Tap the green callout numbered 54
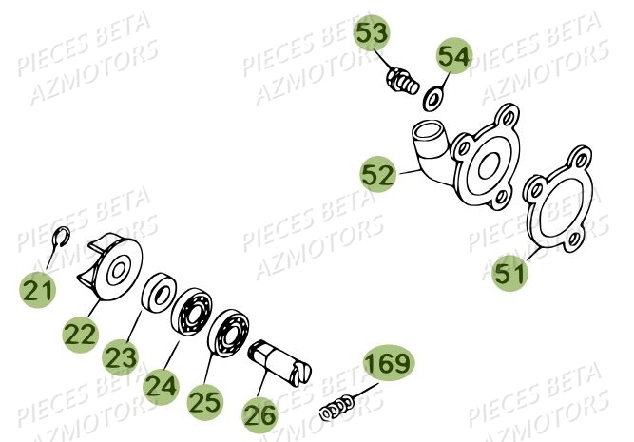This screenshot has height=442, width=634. (x=453, y=56)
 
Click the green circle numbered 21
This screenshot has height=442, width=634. (x=38, y=292)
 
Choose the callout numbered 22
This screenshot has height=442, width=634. (x=82, y=333)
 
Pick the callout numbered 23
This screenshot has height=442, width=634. (x=120, y=357)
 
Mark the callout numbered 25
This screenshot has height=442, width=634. (x=203, y=402)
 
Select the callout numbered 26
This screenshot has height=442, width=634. (x=259, y=413)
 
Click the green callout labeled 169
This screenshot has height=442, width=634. (x=388, y=362)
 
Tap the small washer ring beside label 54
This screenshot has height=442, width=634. (x=432, y=97)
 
